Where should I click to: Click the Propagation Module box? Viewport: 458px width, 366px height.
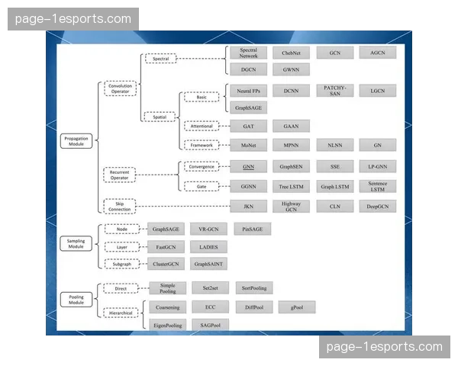(x=76, y=141)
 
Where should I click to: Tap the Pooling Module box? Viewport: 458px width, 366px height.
(x=76, y=298)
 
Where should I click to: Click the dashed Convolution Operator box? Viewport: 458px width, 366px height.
(x=121, y=88)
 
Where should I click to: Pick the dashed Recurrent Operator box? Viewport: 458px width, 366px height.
(x=121, y=175)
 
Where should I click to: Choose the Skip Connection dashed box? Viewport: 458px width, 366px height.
(x=121, y=205)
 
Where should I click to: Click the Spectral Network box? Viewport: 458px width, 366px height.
(x=248, y=53)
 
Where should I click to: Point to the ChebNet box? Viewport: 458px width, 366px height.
(x=291, y=53)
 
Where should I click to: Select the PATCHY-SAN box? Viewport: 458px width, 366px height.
(x=334, y=90)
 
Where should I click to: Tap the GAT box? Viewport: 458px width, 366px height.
(x=248, y=126)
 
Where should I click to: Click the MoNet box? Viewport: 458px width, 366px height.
(x=248, y=144)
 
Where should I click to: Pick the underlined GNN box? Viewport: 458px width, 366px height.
(x=248, y=165)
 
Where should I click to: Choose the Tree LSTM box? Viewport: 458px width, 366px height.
(x=291, y=186)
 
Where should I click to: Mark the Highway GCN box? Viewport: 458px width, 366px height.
(x=291, y=205)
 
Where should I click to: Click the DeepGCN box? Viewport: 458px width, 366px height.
(x=378, y=205)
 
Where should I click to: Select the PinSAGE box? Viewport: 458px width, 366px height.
(x=252, y=229)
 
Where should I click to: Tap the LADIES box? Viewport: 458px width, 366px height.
(x=208, y=246)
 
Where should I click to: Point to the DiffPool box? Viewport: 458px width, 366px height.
(x=252, y=307)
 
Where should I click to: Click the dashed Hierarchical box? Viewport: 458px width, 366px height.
(x=121, y=312)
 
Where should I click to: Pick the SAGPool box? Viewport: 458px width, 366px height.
(x=210, y=325)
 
